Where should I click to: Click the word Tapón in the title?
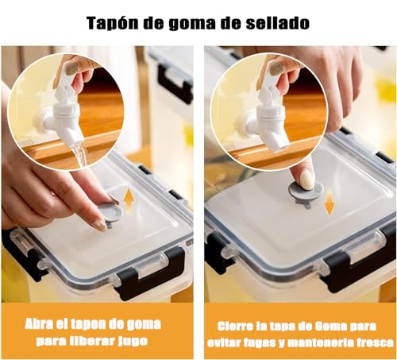tap(113, 23)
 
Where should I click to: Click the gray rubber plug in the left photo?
tap(109, 214)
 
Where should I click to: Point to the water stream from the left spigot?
tap(79, 153)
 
